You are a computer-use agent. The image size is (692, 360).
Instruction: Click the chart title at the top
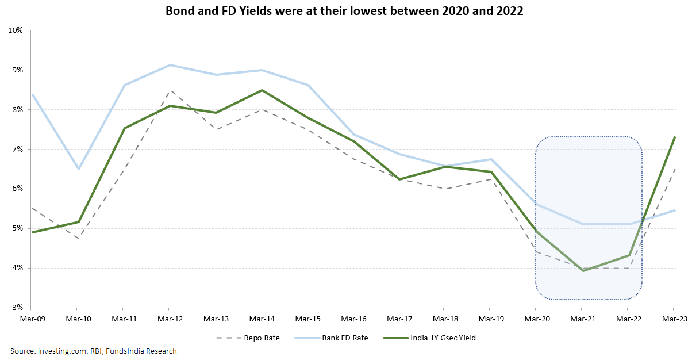345,11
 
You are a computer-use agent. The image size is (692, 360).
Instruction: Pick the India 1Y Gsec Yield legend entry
443,338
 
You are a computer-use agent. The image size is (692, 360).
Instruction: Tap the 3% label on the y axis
16,308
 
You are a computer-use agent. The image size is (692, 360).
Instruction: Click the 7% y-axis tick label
16,149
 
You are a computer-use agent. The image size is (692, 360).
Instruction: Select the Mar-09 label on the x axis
31,317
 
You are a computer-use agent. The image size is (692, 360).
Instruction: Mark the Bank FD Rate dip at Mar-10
78,169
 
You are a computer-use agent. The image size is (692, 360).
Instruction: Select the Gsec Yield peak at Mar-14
262,90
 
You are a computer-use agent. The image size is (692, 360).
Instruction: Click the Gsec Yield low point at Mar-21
583,270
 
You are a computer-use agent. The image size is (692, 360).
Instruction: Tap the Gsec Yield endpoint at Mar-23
674,137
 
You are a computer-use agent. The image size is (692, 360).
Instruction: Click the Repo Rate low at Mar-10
78,238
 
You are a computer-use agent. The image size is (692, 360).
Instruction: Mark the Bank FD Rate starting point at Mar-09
32,94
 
